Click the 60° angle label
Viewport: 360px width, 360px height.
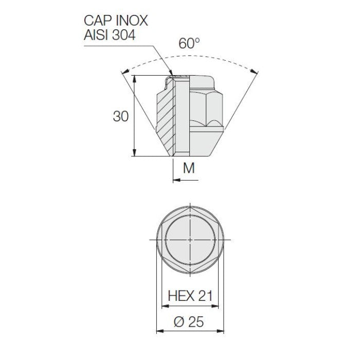pyautogui.click(x=189, y=44)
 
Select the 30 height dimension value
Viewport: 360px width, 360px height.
pyautogui.click(x=121, y=117)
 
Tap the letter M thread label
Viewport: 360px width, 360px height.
pyautogui.click(x=189, y=168)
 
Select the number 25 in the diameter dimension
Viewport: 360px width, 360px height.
pyautogui.click(x=196, y=322)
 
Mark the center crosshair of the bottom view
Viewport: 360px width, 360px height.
pyautogui.click(x=190, y=240)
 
